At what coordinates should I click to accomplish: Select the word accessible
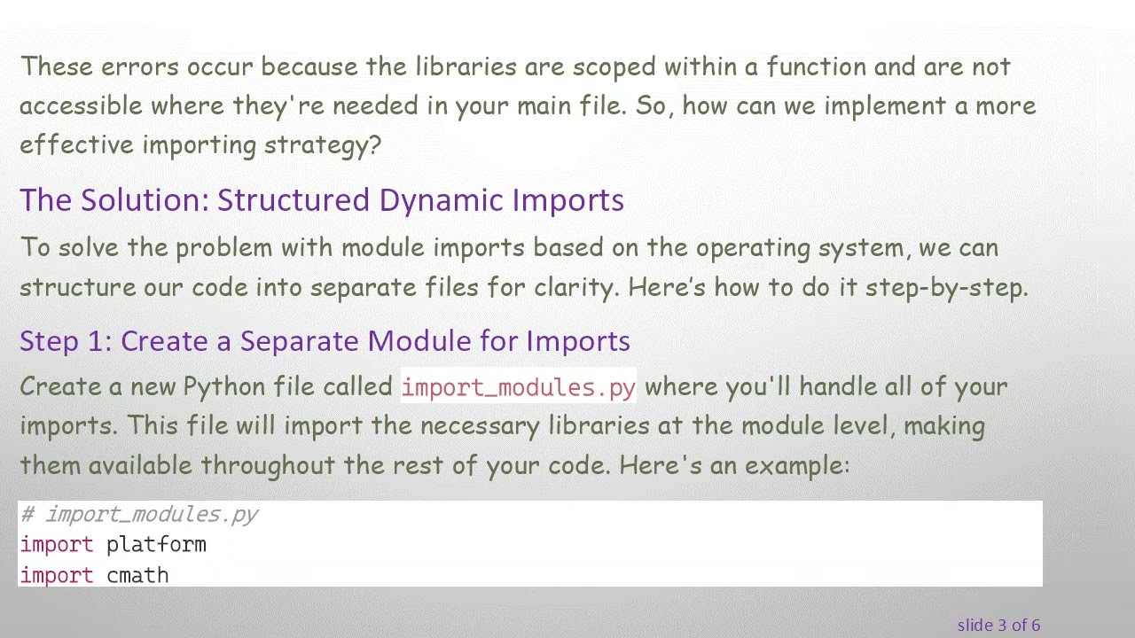click(x=81, y=106)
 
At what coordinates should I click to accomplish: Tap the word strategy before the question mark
click(x=315, y=145)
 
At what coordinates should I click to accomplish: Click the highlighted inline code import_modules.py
click(x=519, y=387)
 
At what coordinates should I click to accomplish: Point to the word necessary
click(x=479, y=426)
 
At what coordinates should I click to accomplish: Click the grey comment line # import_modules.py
click(x=139, y=515)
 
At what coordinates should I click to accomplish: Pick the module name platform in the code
click(x=156, y=545)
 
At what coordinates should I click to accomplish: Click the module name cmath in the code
click(x=137, y=576)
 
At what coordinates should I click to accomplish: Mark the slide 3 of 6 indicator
click(x=998, y=626)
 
